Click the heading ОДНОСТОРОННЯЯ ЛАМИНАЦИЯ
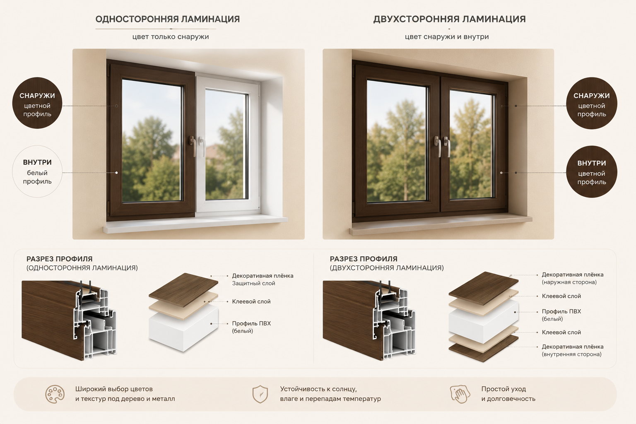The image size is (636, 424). coord(168,19)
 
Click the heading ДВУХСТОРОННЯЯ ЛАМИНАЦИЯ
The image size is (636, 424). coord(449,19)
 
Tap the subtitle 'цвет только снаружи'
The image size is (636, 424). coord(171,36)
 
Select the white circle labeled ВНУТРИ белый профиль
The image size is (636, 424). coord(37,171)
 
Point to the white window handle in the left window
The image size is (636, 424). coord(202,146)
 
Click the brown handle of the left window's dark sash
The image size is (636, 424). coord(193,146)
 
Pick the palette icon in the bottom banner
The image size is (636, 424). coord(55,394)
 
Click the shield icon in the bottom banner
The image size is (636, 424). coord(260,394)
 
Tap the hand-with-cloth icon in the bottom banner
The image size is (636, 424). coord(460,394)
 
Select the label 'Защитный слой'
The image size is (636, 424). coord(253,283)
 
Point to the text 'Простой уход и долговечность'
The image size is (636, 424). coord(508,394)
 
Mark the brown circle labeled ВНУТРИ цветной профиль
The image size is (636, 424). coord(592,171)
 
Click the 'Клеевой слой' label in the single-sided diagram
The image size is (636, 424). coord(251,301)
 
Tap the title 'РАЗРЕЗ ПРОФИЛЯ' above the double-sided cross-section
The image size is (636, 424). coord(364,259)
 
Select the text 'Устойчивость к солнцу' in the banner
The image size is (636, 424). coord(318,389)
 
